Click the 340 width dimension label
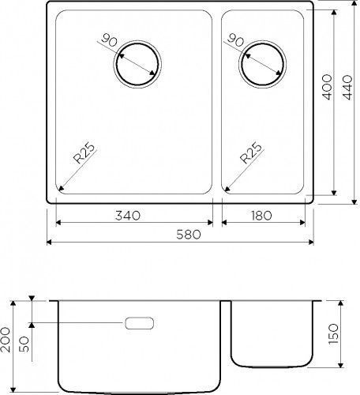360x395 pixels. [x=128, y=216]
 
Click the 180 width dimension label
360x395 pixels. [x=261, y=216]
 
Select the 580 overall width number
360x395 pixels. [x=189, y=235]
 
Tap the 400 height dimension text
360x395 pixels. [x=327, y=87]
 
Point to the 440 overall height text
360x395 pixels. [x=347, y=88]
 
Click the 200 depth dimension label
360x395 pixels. [x=6, y=340]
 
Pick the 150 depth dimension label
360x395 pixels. [x=333, y=334]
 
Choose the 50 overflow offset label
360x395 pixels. [x=24, y=345]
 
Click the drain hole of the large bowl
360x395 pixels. [x=137, y=64]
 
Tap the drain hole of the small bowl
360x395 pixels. [x=263, y=64]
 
